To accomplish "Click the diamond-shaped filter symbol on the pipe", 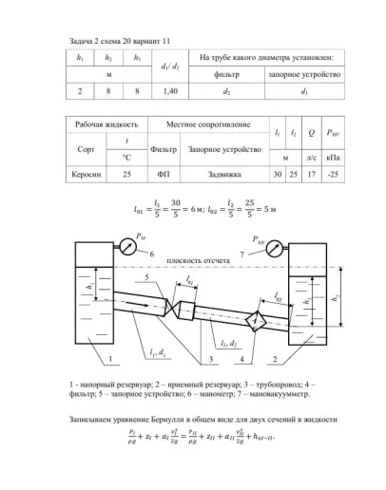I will pos(255,323).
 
